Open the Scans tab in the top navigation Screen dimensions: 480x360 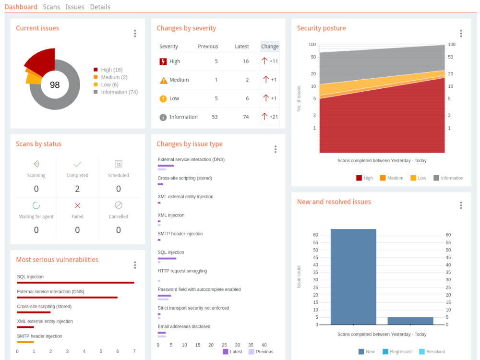click(51, 7)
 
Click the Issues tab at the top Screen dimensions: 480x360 click(75, 7)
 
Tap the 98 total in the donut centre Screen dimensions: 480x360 click(55, 85)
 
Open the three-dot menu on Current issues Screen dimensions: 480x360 click(135, 34)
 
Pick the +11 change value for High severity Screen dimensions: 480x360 click(274, 61)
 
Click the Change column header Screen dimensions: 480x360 click(270, 46)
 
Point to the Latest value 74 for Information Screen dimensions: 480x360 click(246, 117)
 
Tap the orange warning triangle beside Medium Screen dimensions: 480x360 click(164, 80)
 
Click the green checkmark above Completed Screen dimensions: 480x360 click(77, 164)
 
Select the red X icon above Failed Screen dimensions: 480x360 click(77, 205)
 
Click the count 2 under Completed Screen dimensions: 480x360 click(77, 189)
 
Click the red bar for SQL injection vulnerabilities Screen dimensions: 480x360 click(76, 283)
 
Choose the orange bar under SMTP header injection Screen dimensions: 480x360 click(25, 342)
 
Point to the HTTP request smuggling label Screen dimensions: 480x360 click(182, 271)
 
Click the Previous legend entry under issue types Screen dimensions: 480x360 click(261, 352)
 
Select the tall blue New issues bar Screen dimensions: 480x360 click(353, 277)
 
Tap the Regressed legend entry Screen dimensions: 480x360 click(397, 352)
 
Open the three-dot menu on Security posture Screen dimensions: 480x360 click(461, 34)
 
